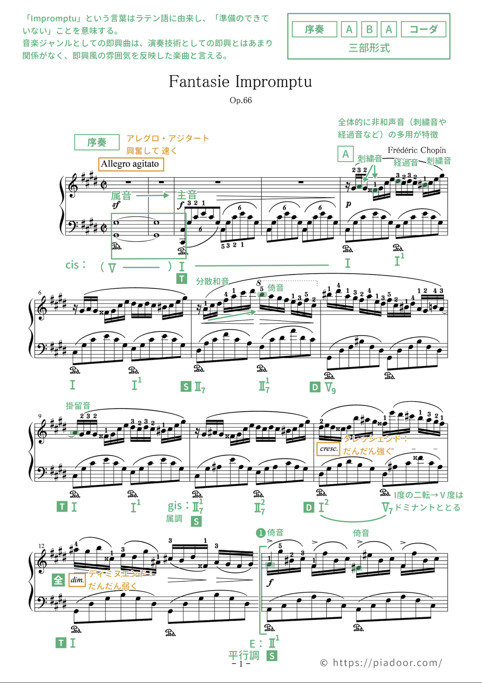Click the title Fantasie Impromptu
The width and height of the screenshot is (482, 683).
pos(240,81)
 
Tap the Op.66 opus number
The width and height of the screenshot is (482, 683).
pos(240,100)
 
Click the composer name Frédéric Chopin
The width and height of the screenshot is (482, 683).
pos(417,150)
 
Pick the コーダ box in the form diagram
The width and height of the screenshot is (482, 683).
pos(423,29)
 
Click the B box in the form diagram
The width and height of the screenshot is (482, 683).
pos(369,29)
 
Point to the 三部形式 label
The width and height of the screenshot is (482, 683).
pos(369,48)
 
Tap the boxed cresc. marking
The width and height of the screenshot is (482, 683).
pos(328,449)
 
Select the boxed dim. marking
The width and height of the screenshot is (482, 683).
pos(77,580)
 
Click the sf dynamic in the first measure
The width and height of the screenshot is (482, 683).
pos(116,205)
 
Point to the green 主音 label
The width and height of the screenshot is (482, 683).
pos(187,195)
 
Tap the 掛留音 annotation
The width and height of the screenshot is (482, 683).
pos(78,406)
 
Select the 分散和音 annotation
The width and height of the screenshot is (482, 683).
pos(212,281)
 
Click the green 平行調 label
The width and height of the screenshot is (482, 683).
pos(244,655)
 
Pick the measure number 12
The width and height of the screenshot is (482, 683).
pos(41,546)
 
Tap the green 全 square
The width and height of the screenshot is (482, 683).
pos(58,580)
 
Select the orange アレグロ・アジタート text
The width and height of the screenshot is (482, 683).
pos(168,139)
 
